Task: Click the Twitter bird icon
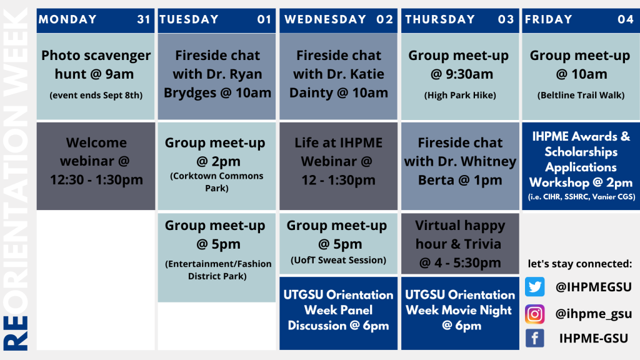click(x=535, y=286)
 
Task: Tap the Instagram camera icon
click(x=535, y=314)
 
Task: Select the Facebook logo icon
click(x=535, y=338)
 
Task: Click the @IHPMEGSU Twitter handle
click(x=594, y=287)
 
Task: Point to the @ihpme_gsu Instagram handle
click(x=594, y=314)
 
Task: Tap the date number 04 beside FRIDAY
click(x=625, y=19)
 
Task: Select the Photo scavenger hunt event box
click(x=96, y=76)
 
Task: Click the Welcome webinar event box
click(x=96, y=166)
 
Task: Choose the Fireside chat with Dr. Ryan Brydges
click(x=217, y=76)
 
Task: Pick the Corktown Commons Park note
click(x=217, y=182)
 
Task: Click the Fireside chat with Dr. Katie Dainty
click(x=338, y=76)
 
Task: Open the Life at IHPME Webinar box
click(x=338, y=166)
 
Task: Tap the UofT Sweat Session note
click(x=338, y=260)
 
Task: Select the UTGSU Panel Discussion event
click(x=338, y=313)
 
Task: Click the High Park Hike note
click(x=460, y=95)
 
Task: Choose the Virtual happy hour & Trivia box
click(x=460, y=244)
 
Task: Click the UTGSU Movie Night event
click(x=460, y=313)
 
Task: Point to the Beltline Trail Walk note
click(x=581, y=95)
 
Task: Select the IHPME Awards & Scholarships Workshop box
click(x=581, y=166)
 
